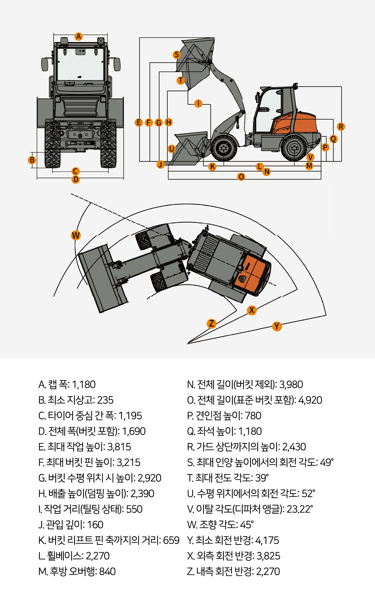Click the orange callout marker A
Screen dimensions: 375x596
tap(78, 36)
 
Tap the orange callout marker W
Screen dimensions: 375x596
tap(76, 235)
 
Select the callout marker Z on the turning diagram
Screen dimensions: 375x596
tap(211, 323)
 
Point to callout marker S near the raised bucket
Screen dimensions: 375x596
tap(177, 55)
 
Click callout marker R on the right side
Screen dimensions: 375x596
tap(341, 127)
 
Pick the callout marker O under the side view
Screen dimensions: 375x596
tap(241, 177)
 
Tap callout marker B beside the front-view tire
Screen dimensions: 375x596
tap(32, 160)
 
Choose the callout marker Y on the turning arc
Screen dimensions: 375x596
tap(277, 326)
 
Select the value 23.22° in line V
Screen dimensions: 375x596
tap(300, 509)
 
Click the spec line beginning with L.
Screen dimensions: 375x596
tap(74, 556)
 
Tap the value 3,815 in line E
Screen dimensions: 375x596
tap(119, 447)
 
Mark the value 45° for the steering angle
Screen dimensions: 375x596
tap(247, 524)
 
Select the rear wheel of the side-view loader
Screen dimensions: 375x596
tap(294, 148)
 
